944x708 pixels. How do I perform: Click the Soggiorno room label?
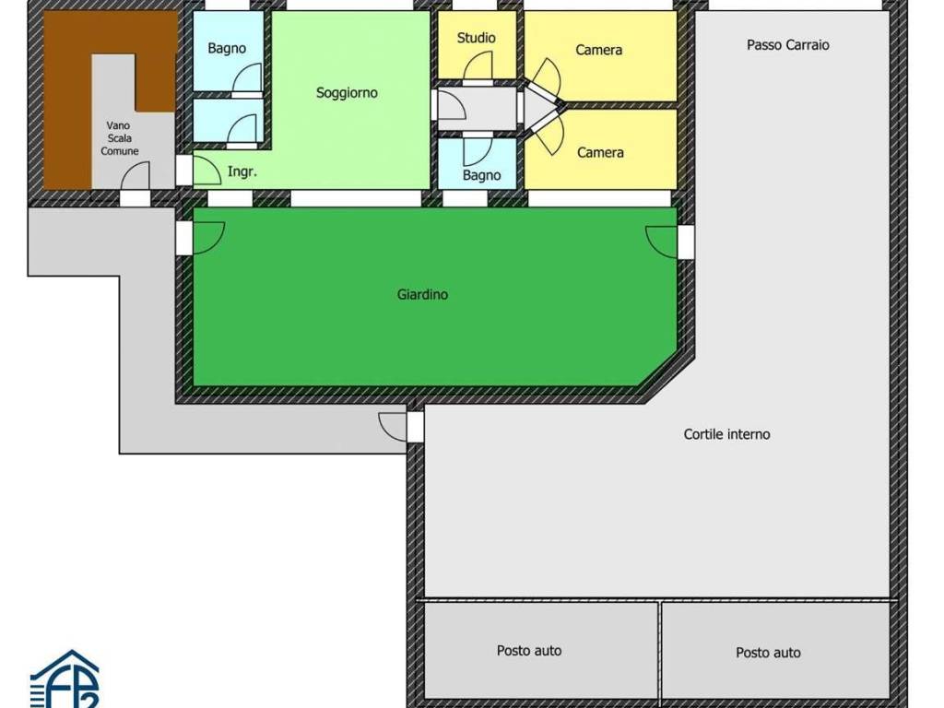point(347,93)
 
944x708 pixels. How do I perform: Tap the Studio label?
point(477,38)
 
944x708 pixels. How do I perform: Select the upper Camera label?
point(598,50)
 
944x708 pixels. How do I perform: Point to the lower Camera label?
point(600,152)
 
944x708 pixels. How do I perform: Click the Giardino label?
point(422,294)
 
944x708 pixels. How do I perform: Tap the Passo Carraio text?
point(788,44)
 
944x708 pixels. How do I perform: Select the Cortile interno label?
point(726,434)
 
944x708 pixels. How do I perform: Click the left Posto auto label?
point(529,650)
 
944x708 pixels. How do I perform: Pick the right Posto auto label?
point(768,653)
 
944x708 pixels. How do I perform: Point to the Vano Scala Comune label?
point(119,138)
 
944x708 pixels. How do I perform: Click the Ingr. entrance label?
point(242,171)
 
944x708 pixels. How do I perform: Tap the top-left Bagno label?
point(227,48)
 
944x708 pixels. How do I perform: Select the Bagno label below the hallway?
point(481,175)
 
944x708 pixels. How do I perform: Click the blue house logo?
point(65,679)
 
